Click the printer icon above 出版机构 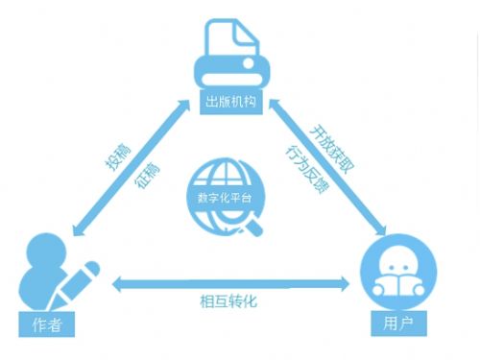coord(230,58)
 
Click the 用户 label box coord(396,324)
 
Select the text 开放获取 coord(331,144)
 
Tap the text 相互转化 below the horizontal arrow coord(229,301)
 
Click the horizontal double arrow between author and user coord(230,283)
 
